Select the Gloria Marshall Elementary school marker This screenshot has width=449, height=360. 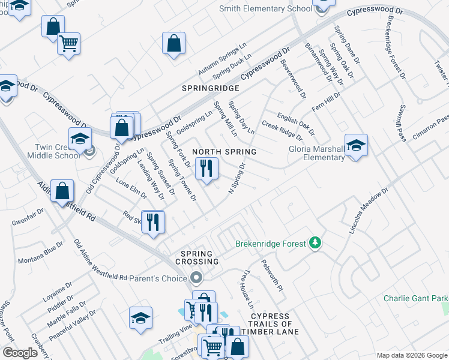pyautogui.click(x=356, y=146)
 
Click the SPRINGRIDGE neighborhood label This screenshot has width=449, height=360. pyautogui.click(x=211, y=88)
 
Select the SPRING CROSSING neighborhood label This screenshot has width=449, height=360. pyautogui.click(x=197, y=257)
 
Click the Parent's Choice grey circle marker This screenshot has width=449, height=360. pyautogui.click(x=196, y=278)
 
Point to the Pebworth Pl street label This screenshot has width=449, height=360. pyautogui.click(x=271, y=275)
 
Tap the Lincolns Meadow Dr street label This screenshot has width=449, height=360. pyautogui.click(x=369, y=210)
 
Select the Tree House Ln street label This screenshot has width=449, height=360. pyautogui.click(x=247, y=289)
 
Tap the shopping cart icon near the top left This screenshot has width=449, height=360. pyautogui.click(x=68, y=43)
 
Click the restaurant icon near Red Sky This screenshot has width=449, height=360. pyautogui.click(x=153, y=222)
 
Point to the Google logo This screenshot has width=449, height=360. pyautogui.click(x=20, y=353)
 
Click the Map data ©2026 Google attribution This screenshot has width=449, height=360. pyautogui.click(x=412, y=355)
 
